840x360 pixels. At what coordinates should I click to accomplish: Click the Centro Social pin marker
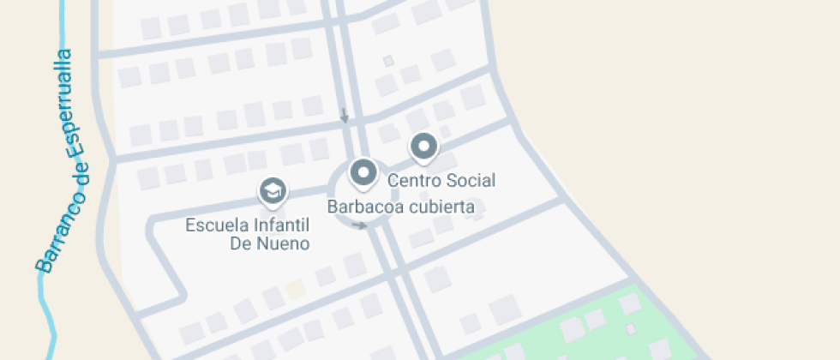coord(423,147)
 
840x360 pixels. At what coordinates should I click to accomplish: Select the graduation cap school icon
coord(273,192)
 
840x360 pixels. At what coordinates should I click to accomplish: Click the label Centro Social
coord(441,181)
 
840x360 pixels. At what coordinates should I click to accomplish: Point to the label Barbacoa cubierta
coord(400,207)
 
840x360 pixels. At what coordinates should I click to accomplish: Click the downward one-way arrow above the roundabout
coord(345,115)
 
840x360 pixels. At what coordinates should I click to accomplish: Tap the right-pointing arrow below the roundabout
coord(361,226)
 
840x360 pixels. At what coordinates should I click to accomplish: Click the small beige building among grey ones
coord(295,289)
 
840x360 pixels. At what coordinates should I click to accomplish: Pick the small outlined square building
coord(388,62)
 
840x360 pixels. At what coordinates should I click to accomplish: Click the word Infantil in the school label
coord(278,226)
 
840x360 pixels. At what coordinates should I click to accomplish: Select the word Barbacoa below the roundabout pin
coord(360,207)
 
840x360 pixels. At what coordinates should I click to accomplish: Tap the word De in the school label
coord(238,243)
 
